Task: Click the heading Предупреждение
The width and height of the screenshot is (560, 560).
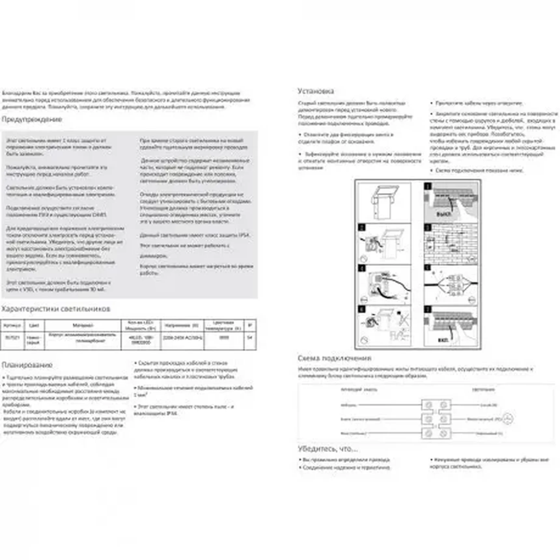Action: point(32,119)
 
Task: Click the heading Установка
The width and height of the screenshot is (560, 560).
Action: point(315,91)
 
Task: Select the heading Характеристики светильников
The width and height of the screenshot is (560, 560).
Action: point(56,309)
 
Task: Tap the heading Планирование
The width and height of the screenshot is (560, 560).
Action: point(27,365)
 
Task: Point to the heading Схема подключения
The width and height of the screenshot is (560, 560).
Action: point(334,358)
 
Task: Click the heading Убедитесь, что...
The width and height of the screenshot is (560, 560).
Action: point(328,449)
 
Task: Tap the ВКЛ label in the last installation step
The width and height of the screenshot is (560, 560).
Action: point(443,340)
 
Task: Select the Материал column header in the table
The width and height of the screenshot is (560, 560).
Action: point(83,325)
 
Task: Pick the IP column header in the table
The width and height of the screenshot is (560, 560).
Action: point(250,325)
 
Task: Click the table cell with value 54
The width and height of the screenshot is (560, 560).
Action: point(250,338)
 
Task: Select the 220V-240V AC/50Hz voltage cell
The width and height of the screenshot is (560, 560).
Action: point(182,338)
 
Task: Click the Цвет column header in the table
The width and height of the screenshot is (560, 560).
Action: point(34,325)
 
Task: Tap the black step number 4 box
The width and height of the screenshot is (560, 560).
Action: point(362,268)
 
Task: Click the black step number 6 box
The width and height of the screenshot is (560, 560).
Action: point(362,309)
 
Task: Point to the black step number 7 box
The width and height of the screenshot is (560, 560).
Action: point(427,309)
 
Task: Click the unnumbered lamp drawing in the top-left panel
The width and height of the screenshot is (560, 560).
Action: point(384,202)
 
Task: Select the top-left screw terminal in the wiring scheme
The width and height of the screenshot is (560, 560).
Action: point(429,405)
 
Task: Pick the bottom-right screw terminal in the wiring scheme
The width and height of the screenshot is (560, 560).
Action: point(443,433)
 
